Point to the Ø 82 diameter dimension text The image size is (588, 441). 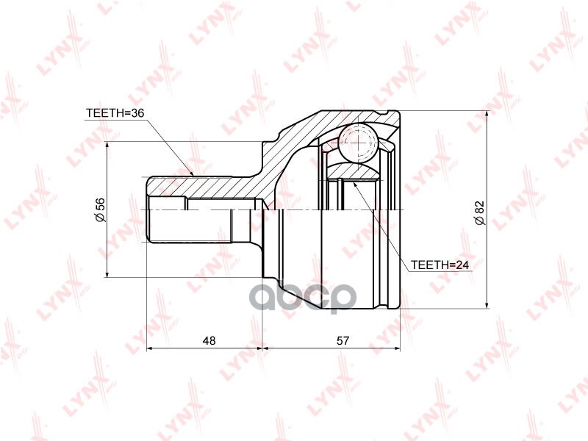(x=478, y=210)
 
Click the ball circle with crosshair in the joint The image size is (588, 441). (x=358, y=142)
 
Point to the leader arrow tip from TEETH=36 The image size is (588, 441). (x=193, y=174)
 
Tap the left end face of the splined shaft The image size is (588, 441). (x=148, y=210)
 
